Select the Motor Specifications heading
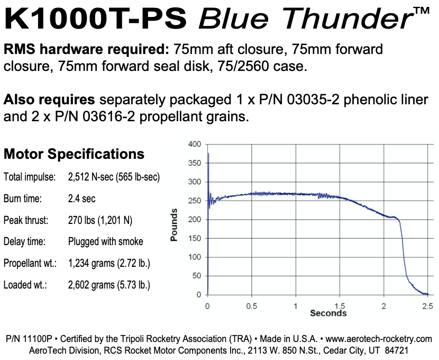coord(74,154)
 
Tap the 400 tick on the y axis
coord(195,144)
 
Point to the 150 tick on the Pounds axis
coord(195,238)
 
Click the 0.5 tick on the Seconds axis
coord(252,305)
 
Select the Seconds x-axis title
coord(328,313)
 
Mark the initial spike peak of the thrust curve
coord(208,154)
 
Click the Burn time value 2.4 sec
coord(82,199)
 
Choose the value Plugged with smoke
coord(106,241)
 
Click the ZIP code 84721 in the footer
coord(396,350)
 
